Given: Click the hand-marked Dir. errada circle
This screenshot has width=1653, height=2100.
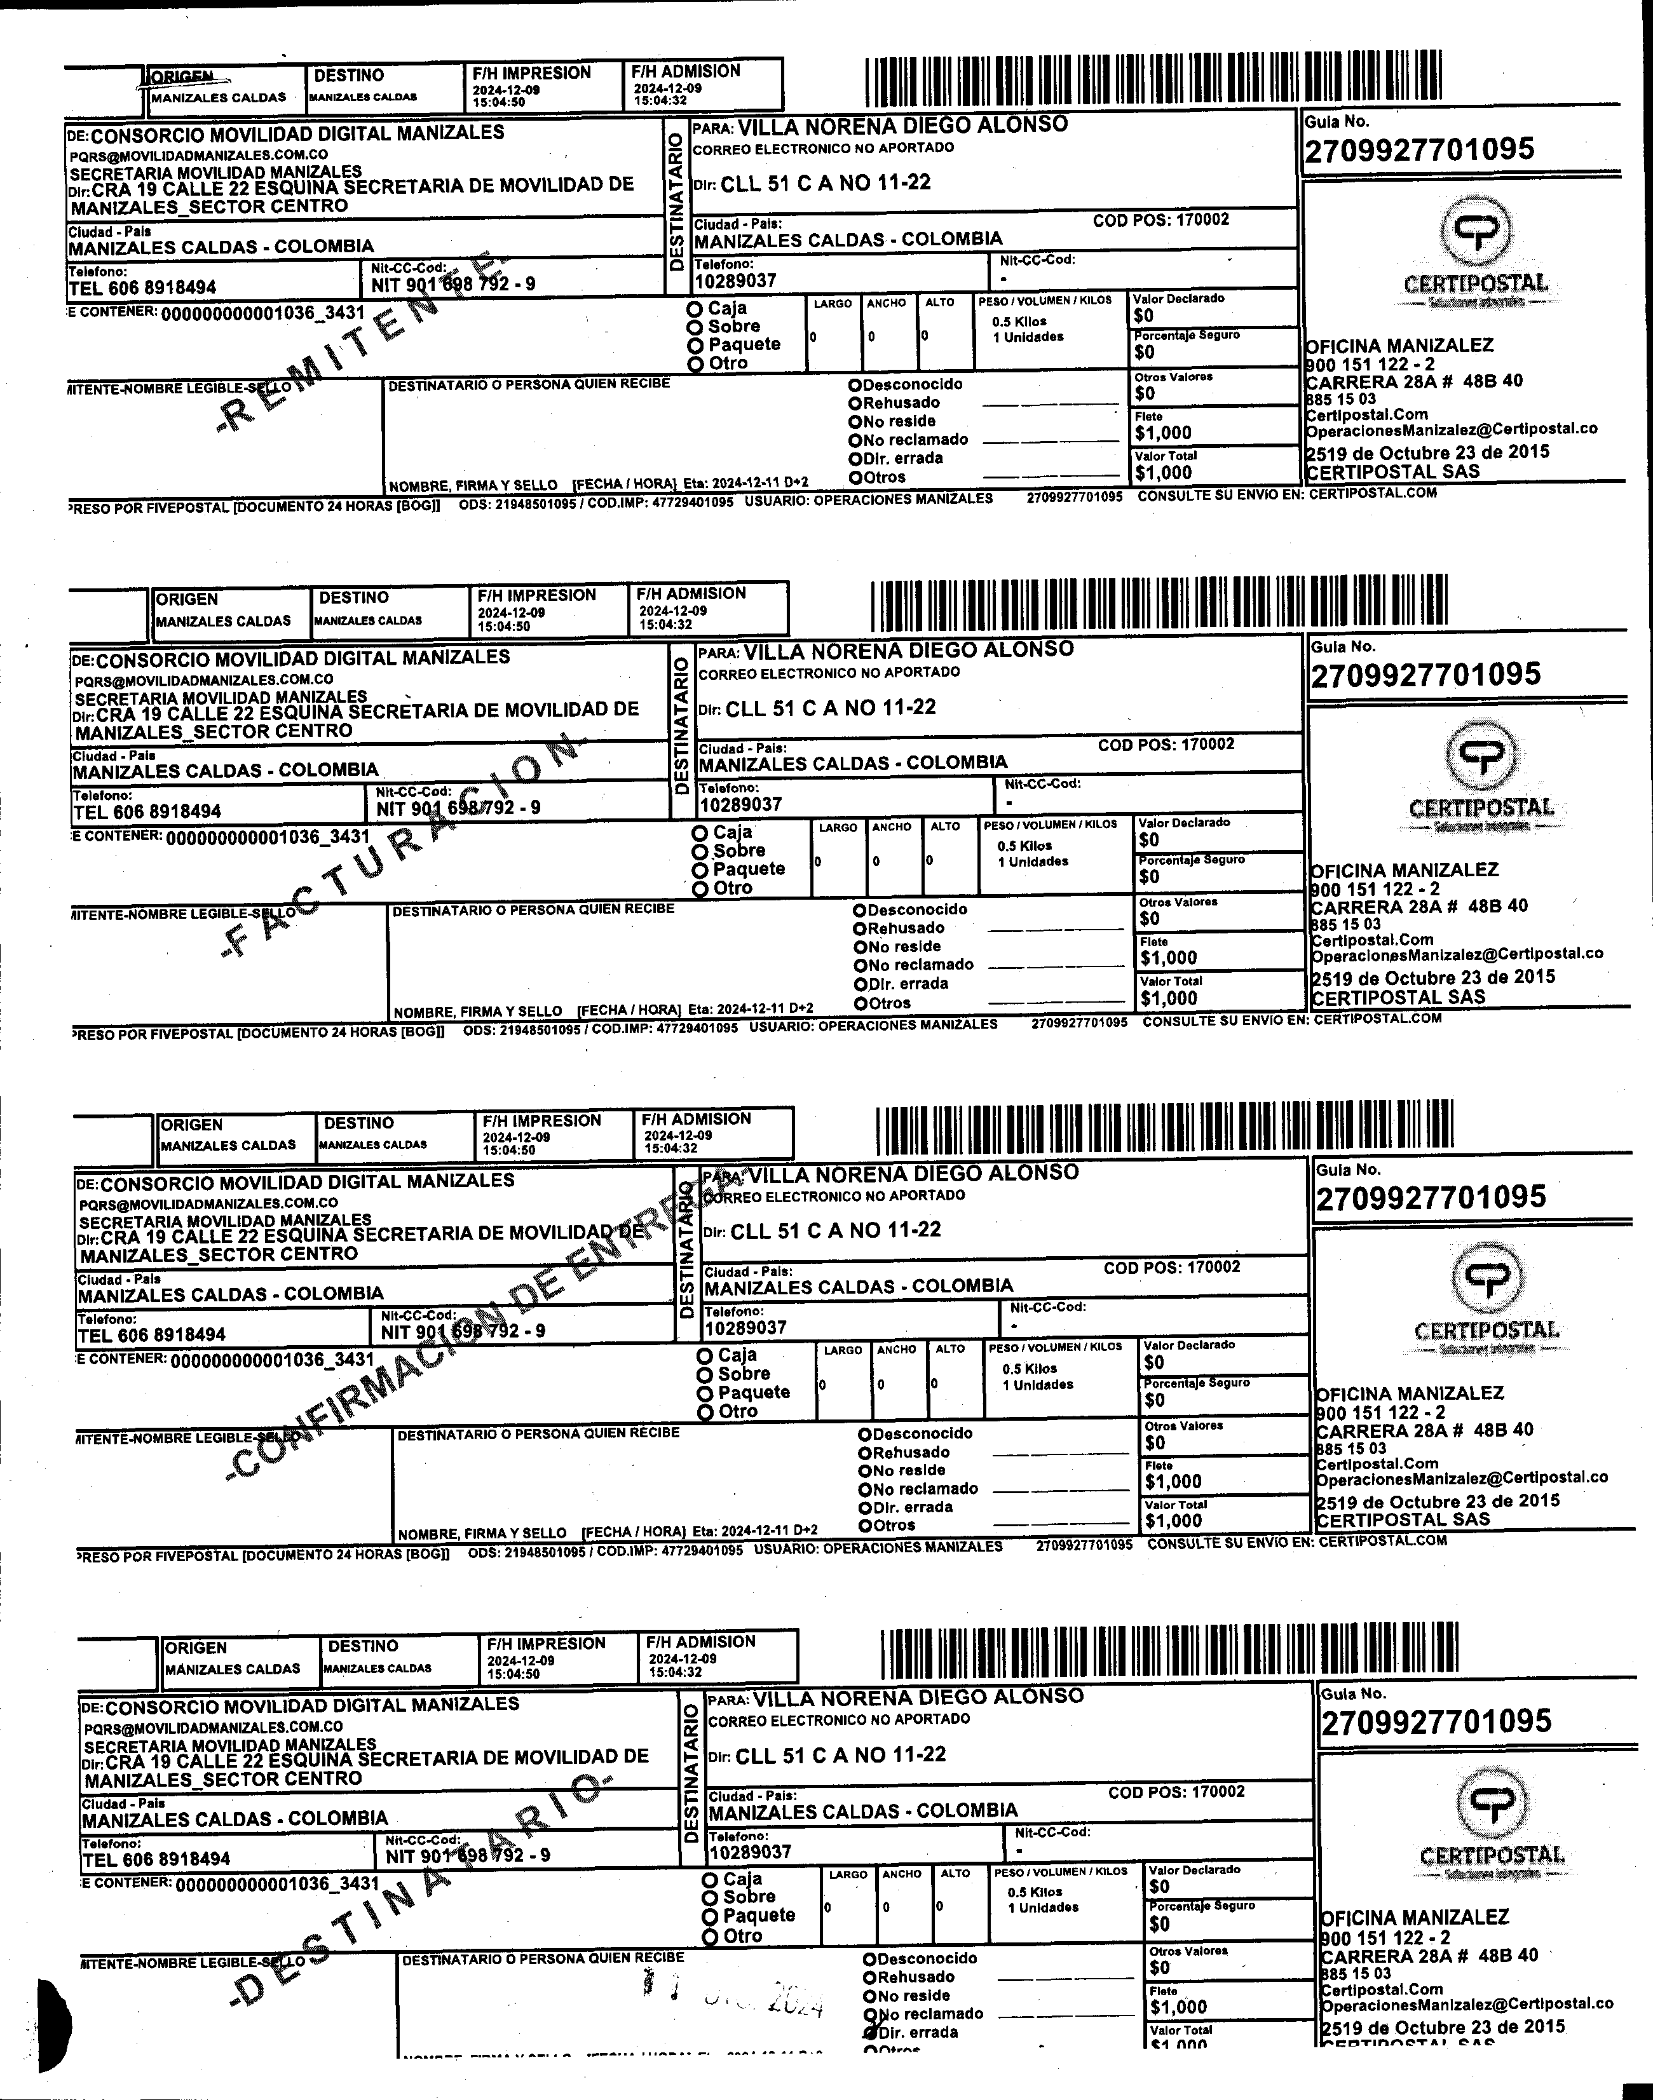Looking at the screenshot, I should (870, 2032).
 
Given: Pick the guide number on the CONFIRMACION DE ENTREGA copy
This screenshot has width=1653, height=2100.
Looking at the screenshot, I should (1431, 1197).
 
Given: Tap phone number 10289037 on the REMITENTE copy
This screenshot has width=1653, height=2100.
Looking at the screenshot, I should (735, 281).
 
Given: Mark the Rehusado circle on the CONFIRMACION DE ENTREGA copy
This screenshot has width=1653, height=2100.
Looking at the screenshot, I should (865, 1453).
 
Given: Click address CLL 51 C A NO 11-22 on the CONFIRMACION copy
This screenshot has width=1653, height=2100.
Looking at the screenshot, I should (835, 1231).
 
